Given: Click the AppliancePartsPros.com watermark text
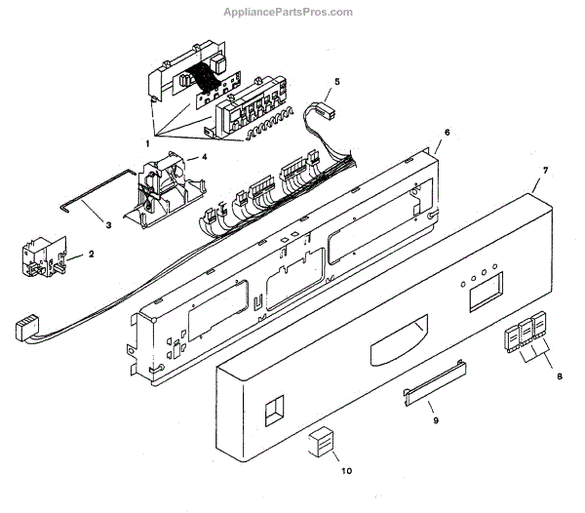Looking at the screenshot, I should pos(292,12).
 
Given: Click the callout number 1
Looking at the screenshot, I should pos(148,144).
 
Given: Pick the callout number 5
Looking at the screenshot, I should pos(336,82).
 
